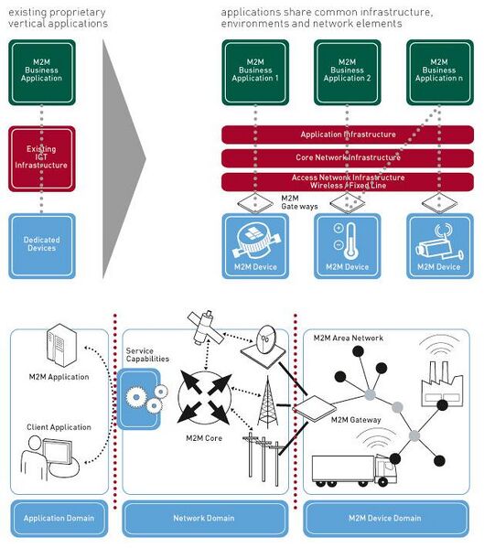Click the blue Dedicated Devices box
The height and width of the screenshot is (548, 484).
[41, 244]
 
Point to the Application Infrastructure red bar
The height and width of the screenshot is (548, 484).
[348, 134]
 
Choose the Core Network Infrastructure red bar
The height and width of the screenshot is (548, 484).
[348, 157]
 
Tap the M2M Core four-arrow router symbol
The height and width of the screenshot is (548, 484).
[203, 396]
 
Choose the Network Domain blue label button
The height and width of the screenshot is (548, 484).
[203, 518]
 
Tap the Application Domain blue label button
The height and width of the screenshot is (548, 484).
[59, 518]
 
